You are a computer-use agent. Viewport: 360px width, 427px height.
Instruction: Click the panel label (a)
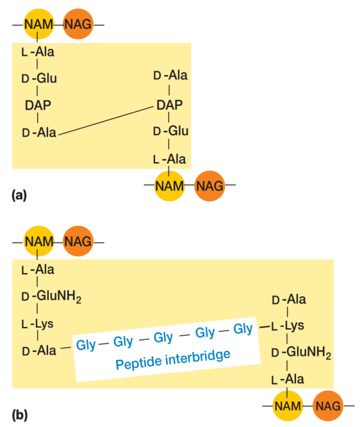coord(19,196)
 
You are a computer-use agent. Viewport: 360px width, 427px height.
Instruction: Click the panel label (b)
coord(20,415)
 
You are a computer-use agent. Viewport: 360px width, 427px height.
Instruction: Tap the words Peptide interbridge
coord(173,359)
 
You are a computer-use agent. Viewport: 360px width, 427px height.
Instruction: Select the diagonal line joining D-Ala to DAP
coord(106,121)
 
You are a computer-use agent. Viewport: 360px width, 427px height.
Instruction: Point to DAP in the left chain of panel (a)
coord(38,105)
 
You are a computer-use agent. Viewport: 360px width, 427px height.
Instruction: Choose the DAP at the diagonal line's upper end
coord(169,105)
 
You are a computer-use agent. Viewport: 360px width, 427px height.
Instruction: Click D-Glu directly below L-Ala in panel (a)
coord(39,78)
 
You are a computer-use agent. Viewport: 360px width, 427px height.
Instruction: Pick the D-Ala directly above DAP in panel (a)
coord(170,75)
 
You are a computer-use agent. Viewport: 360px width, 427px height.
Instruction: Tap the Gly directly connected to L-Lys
coord(243,329)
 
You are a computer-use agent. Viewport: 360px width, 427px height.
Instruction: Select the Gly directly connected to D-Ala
coord(86,345)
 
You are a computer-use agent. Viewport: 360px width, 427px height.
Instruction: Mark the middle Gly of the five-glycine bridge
coord(163,337)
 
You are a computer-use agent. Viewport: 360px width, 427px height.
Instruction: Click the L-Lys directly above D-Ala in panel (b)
coord(38,324)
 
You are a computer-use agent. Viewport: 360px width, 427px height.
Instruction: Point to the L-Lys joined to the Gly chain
coord(288,326)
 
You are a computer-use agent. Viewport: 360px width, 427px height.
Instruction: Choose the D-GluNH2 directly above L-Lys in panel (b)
coord(51,296)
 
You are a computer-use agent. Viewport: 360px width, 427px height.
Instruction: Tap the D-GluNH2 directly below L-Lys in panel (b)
coord(301,353)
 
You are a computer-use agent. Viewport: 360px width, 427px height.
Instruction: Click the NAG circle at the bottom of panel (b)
coord(328,406)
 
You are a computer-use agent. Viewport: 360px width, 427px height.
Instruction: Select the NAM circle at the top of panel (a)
coord(38,24)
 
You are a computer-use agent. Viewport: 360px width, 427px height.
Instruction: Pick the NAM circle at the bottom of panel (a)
coord(169,186)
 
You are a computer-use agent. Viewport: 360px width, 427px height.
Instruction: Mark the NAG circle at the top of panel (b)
coord(78,241)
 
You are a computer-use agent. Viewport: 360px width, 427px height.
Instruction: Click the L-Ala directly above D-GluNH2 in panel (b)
coord(38,269)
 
